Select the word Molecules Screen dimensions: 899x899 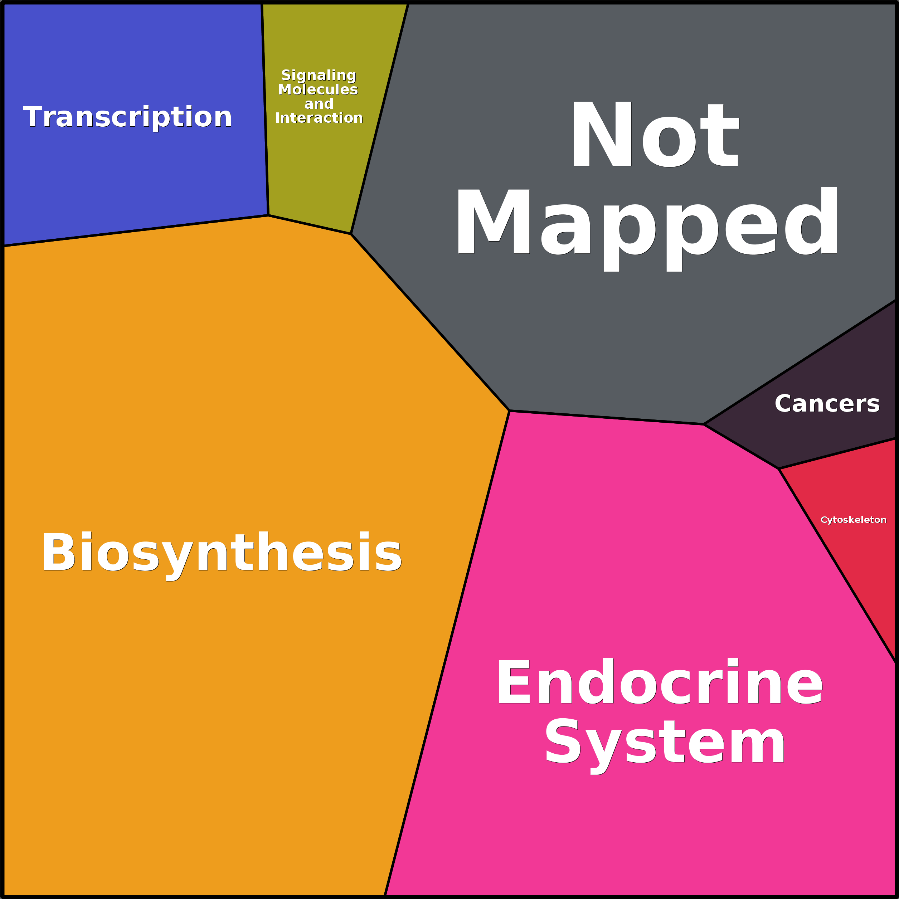(318, 89)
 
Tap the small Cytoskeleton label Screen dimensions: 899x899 (853, 520)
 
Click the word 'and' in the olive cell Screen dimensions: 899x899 (319, 104)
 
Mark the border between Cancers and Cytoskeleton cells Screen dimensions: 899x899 (837, 454)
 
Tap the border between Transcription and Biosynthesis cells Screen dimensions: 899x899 (135, 231)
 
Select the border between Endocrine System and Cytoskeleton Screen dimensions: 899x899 (837, 565)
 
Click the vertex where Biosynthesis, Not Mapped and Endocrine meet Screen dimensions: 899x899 (510, 411)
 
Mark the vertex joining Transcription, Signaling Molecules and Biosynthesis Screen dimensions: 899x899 (268, 215)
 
